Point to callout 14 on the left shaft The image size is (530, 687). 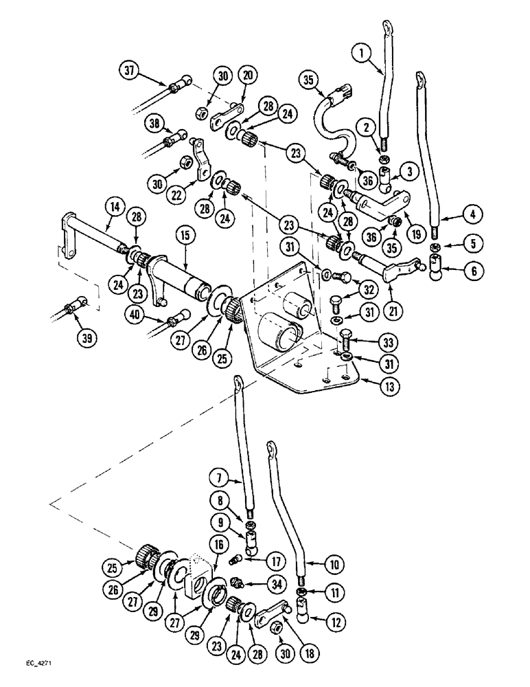[113, 205]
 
